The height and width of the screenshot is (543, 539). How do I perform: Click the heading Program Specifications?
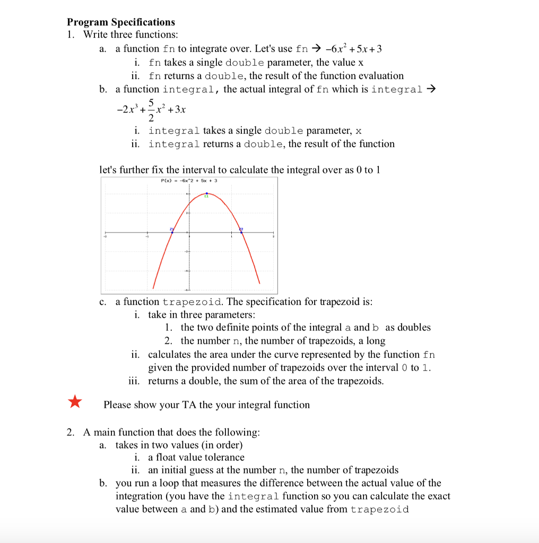(x=120, y=22)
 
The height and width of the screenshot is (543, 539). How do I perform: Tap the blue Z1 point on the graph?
(x=172, y=232)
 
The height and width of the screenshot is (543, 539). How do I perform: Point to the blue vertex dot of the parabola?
(x=206, y=194)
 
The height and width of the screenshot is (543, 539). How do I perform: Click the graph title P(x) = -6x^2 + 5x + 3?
(x=189, y=181)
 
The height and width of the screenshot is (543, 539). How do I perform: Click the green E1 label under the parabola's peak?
(x=206, y=197)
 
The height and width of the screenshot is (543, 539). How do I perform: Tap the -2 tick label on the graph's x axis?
(x=105, y=237)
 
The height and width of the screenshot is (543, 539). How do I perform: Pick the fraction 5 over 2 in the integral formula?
(x=137, y=110)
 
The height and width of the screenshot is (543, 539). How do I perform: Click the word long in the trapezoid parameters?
(x=376, y=340)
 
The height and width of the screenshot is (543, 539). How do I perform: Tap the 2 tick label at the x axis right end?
(x=273, y=237)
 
